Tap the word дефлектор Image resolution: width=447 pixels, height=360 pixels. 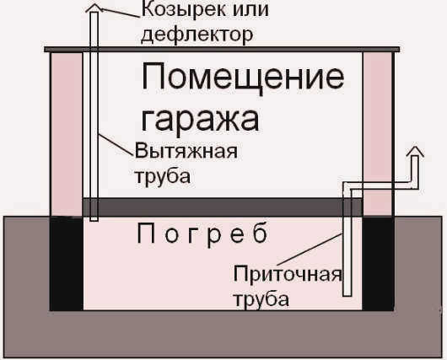[x=197, y=35]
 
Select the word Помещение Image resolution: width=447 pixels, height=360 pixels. [x=243, y=78]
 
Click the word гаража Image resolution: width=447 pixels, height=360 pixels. [x=201, y=120]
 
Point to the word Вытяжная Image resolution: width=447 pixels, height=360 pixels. [x=186, y=151]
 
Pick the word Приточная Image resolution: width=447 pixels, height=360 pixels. [x=288, y=275]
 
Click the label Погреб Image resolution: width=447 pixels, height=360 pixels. [x=202, y=234]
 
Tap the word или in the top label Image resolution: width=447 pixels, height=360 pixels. [x=250, y=9]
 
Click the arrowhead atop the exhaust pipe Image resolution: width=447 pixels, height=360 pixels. [x=94, y=8]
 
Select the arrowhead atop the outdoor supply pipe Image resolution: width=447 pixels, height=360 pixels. [x=415, y=151]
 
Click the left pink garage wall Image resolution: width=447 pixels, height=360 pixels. [x=67, y=134]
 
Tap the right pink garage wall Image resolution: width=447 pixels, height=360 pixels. [x=378, y=134]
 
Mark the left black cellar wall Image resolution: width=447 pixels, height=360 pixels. [x=67, y=263]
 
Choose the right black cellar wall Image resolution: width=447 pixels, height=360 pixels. [x=379, y=263]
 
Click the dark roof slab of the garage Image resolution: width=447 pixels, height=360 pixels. [x=222, y=50]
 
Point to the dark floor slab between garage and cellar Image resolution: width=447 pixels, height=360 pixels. [x=223, y=207]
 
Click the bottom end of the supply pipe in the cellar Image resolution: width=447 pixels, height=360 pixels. [x=347, y=296]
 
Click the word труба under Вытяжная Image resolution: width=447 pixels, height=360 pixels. [x=163, y=176]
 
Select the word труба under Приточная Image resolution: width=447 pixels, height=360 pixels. [x=261, y=299]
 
